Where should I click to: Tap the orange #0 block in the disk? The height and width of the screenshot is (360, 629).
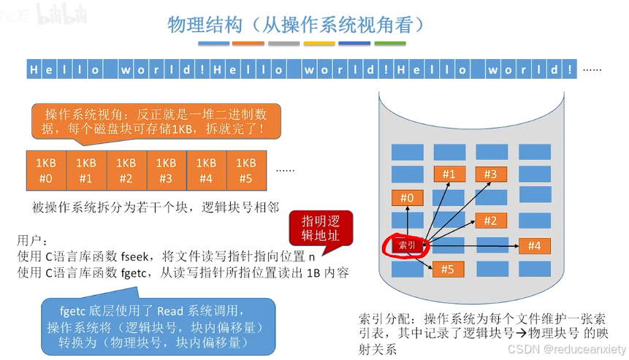click(x=407, y=198)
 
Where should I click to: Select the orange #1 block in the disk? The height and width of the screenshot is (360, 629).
click(x=449, y=174)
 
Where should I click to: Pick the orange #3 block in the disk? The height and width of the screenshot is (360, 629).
click(x=490, y=174)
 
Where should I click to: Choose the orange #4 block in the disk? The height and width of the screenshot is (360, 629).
click(x=533, y=246)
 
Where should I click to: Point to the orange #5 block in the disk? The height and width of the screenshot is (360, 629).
click(x=448, y=269)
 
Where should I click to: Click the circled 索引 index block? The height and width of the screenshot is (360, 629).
click(x=406, y=245)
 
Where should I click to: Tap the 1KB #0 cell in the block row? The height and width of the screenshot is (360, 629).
click(x=45, y=169)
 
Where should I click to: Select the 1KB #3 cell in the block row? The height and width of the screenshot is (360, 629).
click(x=166, y=169)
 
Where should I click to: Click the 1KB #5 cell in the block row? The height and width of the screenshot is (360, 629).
click(x=246, y=169)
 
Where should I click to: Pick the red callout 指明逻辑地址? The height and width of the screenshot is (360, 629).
click(x=321, y=229)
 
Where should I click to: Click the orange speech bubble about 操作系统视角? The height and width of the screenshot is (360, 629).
click(x=155, y=121)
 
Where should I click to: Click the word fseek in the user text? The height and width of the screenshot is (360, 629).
click(x=134, y=256)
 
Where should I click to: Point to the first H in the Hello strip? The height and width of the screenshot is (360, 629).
click(x=34, y=70)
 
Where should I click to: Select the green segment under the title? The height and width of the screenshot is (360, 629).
click(x=389, y=44)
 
